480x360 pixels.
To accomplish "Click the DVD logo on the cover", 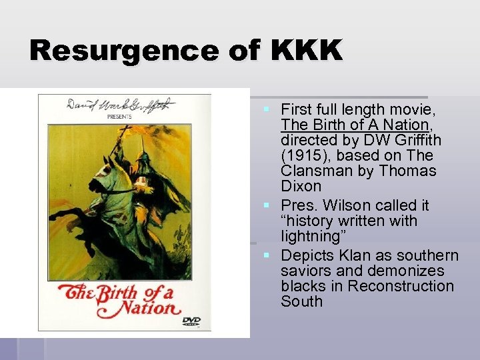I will click(x=191, y=321).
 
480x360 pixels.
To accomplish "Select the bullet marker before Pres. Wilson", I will click(x=266, y=205).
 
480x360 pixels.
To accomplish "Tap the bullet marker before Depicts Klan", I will click(x=266, y=255).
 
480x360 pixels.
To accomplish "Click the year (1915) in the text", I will click(x=303, y=155).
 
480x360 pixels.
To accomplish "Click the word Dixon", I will click(x=301, y=186).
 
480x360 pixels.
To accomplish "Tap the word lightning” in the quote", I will click(x=309, y=236).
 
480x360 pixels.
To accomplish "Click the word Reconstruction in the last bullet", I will click(x=400, y=286).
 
